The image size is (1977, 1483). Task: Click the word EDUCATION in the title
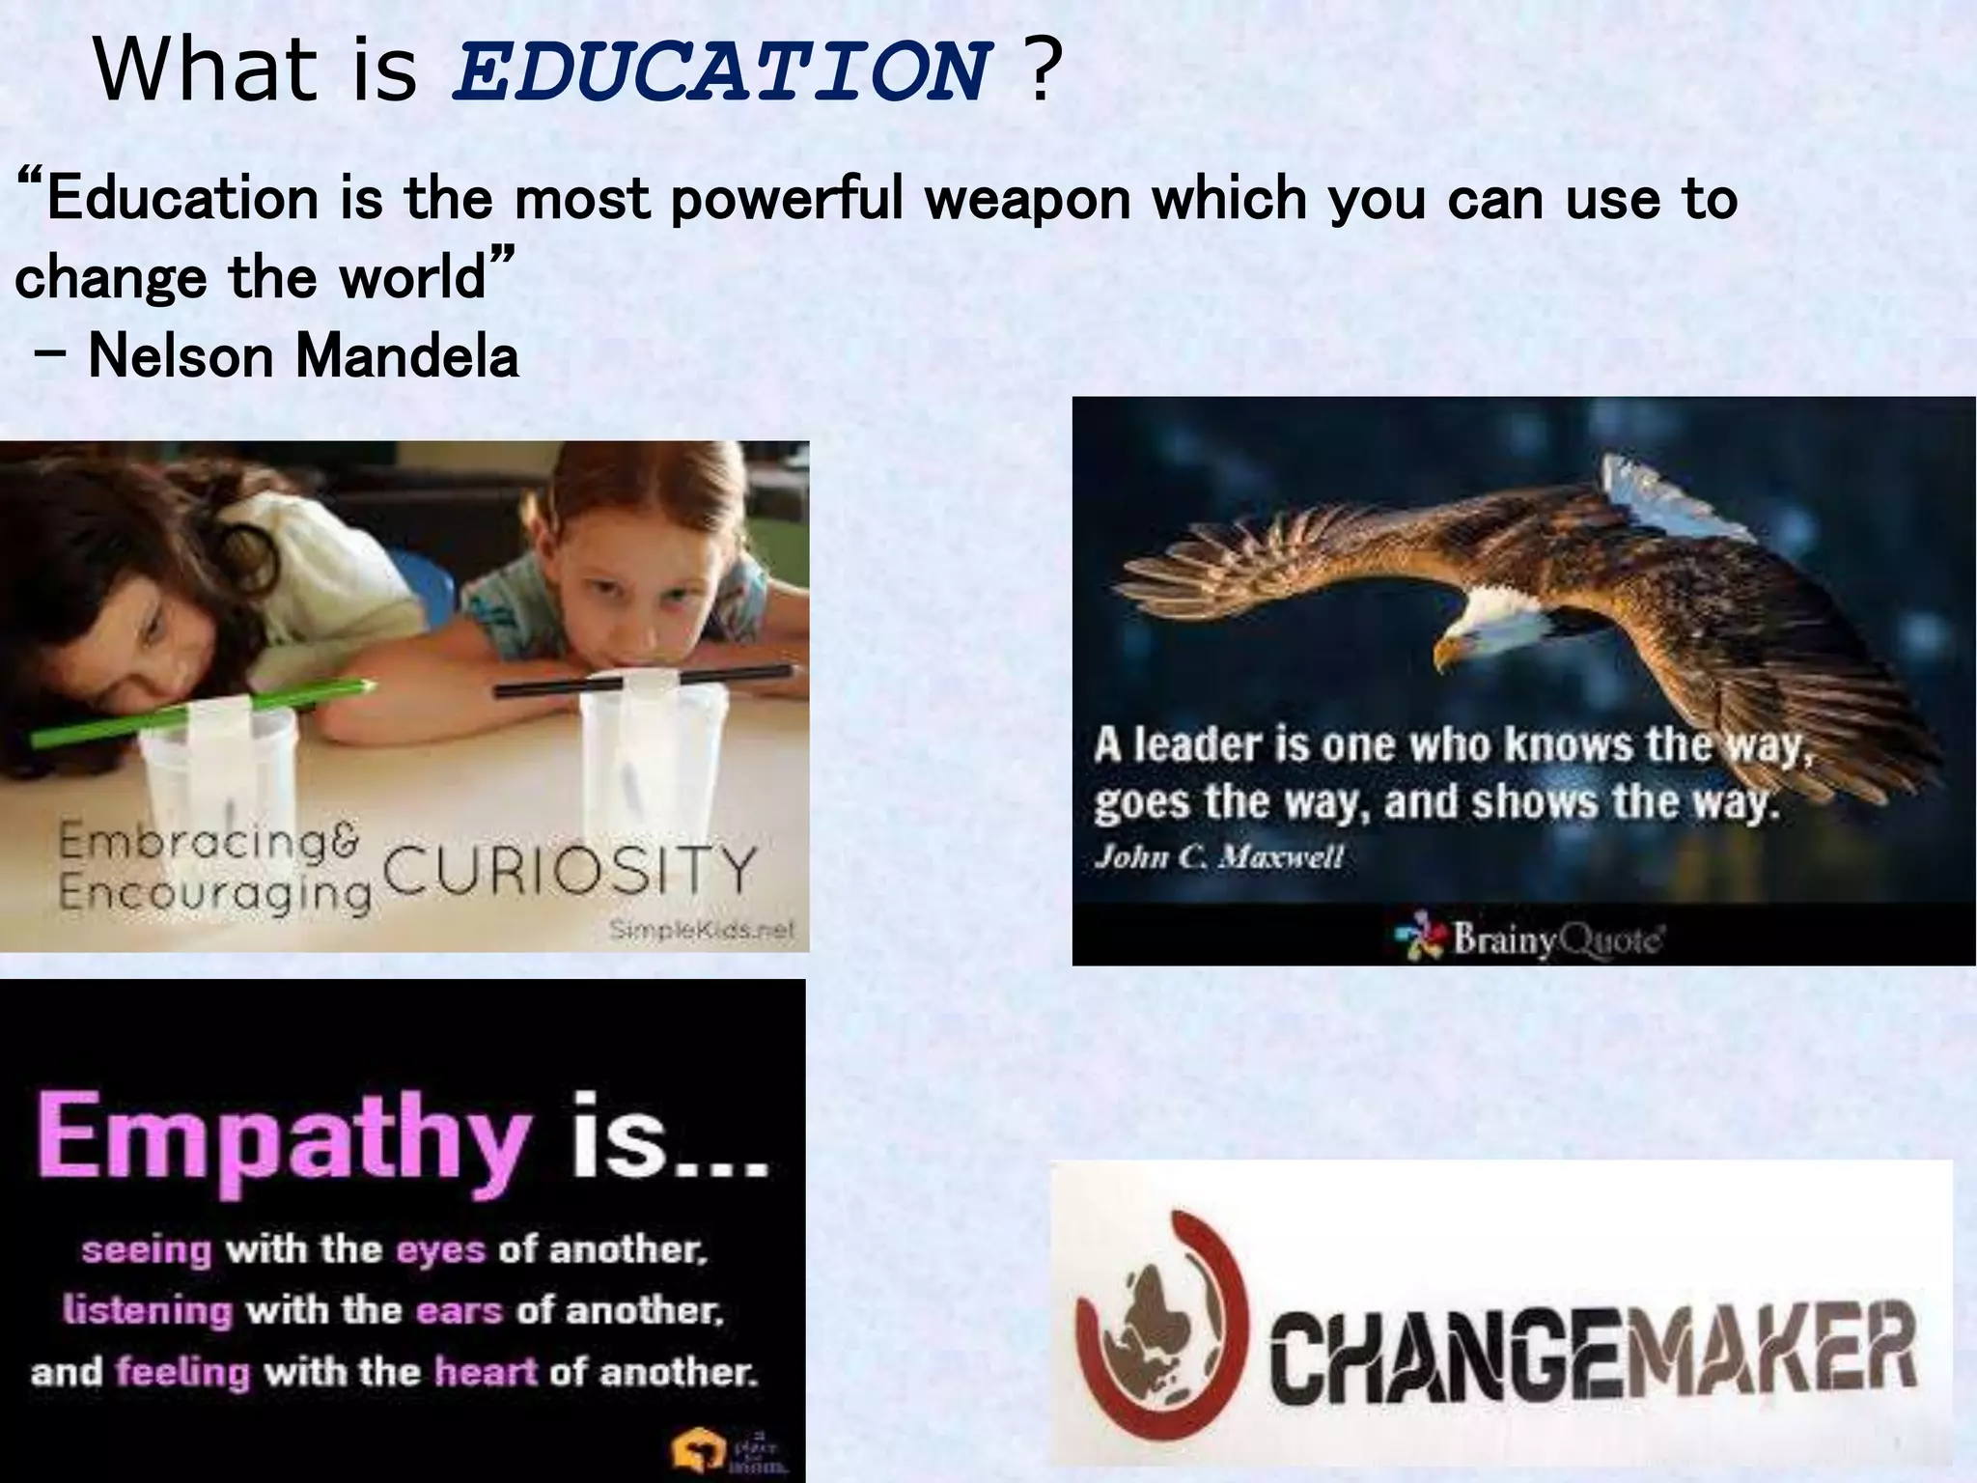click(722, 73)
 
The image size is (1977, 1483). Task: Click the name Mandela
click(407, 356)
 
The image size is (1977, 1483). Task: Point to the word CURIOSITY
click(570, 871)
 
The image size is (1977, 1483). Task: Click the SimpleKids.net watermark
click(702, 931)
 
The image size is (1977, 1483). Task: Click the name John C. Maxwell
click(1218, 857)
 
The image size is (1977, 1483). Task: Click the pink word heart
click(485, 1371)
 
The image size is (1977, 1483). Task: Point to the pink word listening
click(148, 1310)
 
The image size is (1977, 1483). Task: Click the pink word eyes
click(440, 1250)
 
